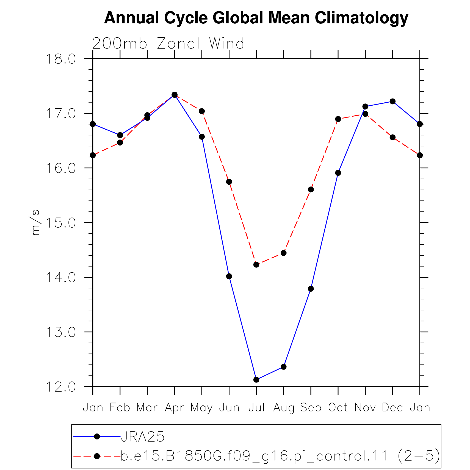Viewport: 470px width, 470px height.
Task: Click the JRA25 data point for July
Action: click(x=256, y=380)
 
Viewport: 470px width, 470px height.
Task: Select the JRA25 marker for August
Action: click(x=283, y=367)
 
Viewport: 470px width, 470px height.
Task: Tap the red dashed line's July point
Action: click(x=256, y=265)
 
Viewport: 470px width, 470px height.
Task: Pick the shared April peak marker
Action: click(x=175, y=95)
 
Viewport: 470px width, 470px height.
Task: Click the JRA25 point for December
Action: click(x=392, y=102)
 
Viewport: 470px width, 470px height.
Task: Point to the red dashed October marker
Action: click(x=338, y=119)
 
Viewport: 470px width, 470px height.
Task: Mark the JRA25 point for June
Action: click(x=229, y=276)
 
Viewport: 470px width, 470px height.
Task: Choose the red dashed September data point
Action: click(x=311, y=190)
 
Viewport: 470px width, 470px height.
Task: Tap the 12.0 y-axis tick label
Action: click(x=61, y=387)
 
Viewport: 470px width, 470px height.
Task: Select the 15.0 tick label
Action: click(x=61, y=223)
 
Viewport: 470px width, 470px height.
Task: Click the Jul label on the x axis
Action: click(x=256, y=408)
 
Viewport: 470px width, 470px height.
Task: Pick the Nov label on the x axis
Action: click(x=365, y=408)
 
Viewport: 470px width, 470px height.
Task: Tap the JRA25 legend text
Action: click(x=143, y=437)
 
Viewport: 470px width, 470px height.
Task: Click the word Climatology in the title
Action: click(x=361, y=18)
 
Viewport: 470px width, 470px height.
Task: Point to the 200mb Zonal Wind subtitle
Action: click(x=168, y=43)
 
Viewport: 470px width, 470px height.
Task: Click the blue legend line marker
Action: click(x=97, y=436)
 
